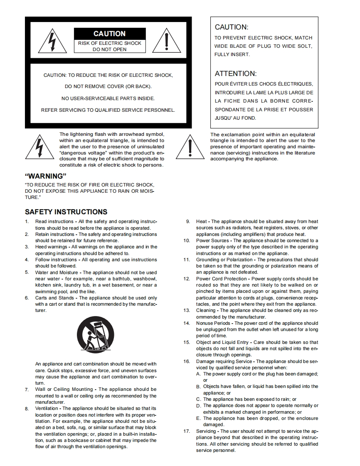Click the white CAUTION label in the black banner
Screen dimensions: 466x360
coord(109,34)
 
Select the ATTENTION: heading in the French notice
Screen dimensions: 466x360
coord(235,74)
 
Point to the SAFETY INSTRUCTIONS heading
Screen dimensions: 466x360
coord(66,212)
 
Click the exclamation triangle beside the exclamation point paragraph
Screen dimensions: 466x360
coord(190,147)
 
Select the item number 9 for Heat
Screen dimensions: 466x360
coord(188,221)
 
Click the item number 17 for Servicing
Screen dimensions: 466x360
coord(187,431)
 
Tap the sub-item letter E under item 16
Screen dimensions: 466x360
coord(199,419)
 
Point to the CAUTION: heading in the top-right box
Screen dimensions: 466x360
coord(231,27)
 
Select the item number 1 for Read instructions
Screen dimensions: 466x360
coord(27,221)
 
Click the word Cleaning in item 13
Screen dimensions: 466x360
coord(206,310)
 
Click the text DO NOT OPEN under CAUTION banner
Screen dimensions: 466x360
coord(109,49)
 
